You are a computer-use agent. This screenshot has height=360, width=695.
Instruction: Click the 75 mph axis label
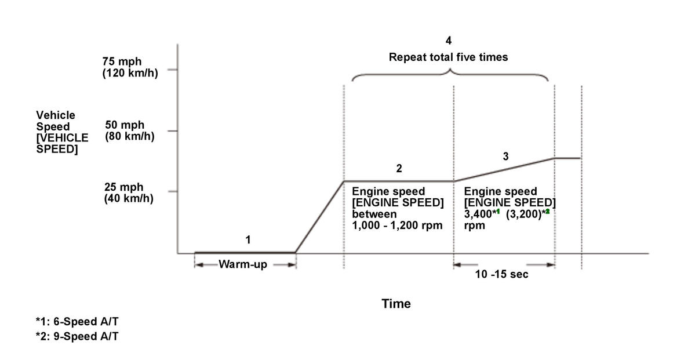pos(122,62)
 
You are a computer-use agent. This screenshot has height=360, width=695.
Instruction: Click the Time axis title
pos(396,304)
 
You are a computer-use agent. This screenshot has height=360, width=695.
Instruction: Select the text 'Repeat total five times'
pos(448,57)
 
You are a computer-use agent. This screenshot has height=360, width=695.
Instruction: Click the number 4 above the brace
pos(448,41)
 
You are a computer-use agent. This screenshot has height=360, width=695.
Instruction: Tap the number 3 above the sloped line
pos(505,156)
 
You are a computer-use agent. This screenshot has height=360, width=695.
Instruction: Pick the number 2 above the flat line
pos(399,169)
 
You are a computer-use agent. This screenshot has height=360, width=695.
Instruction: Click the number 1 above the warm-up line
pos(248,239)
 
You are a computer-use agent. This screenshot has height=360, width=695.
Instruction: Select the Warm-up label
pos(243,266)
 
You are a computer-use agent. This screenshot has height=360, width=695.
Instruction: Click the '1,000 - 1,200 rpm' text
pos(397,226)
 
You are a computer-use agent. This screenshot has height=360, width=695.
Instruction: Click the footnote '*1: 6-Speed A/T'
pos(77,322)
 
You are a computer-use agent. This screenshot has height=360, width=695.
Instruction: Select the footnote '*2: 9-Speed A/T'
pos(77,337)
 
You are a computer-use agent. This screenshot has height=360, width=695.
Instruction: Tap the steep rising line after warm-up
pos(319,217)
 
